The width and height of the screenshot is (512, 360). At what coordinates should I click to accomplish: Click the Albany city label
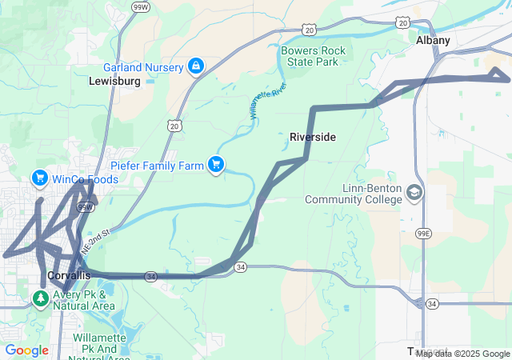click(x=433, y=40)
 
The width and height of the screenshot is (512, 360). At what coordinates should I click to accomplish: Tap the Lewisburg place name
click(x=115, y=82)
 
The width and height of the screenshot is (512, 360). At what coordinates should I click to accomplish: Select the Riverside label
click(x=312, y=138)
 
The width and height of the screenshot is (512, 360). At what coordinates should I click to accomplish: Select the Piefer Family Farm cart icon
click(x=215, y=164)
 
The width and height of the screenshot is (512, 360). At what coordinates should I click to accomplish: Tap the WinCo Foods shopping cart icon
click(x=39, y=178)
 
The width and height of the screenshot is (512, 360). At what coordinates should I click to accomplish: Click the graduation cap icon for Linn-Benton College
click(x=414, y=193)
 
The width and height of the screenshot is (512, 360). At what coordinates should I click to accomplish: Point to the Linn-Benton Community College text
click(x=353, y=194)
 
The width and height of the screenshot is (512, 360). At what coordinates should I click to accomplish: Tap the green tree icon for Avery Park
click(x=40, y=298)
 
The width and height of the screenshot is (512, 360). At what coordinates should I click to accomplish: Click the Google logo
click(x=26, y=350)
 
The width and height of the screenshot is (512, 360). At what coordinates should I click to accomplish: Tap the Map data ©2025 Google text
click(x=462, y=354)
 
